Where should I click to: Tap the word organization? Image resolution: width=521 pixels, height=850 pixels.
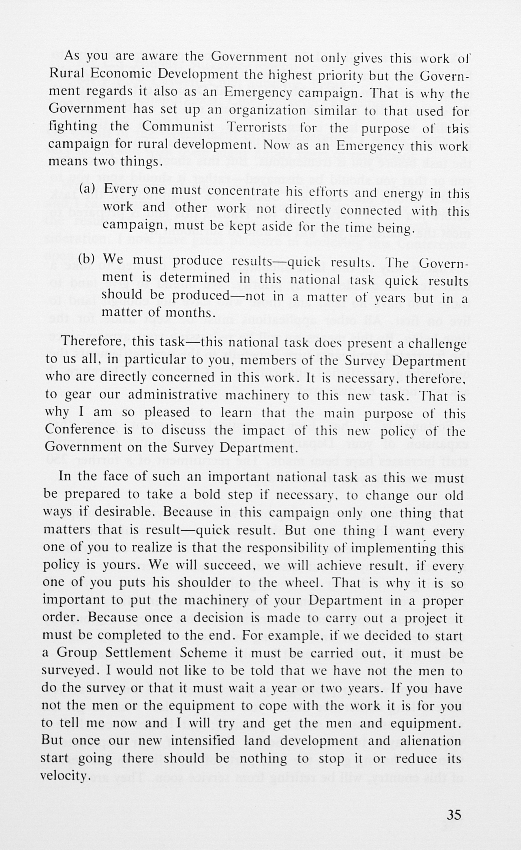pos(267,110)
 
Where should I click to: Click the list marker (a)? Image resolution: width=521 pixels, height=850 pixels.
pos(87,189)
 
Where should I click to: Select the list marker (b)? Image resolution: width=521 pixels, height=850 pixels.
pos(87,259)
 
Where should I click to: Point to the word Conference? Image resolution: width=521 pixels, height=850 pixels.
pos(80,430)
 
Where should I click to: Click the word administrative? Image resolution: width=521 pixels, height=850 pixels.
pos(173,395)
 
